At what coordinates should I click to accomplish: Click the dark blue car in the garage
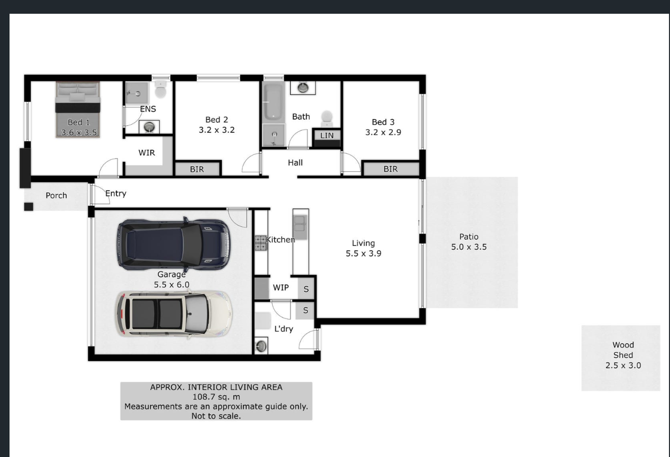[x=174, y=244]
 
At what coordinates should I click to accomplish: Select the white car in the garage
[x=174, y=314]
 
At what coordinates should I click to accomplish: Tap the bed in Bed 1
[x=78, y=109]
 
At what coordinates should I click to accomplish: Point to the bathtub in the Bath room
[x=274, y=102]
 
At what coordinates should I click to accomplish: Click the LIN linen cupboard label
[x=327, y=135]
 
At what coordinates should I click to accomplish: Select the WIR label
[x=147, y=153]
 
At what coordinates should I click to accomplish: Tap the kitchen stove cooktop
[x=260, y=243]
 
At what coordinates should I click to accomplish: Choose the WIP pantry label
[x=280, y=288]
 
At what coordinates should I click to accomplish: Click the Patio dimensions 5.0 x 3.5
[x=469, y=247]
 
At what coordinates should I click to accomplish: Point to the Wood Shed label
[x=623, y=350]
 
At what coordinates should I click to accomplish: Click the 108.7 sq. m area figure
[x=216, y=397]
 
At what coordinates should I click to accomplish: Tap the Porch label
[x=56, y=196]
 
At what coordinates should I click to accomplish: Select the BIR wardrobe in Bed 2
[x=197, y=169]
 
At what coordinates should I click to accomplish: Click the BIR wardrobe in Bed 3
[x=391, y=169]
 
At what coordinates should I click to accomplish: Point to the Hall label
[x=295, y=162]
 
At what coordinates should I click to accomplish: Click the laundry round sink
[x=261, y=346]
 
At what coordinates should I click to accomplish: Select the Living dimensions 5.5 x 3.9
[x=364, y=253]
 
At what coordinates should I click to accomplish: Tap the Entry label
[x=116, y=194]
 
